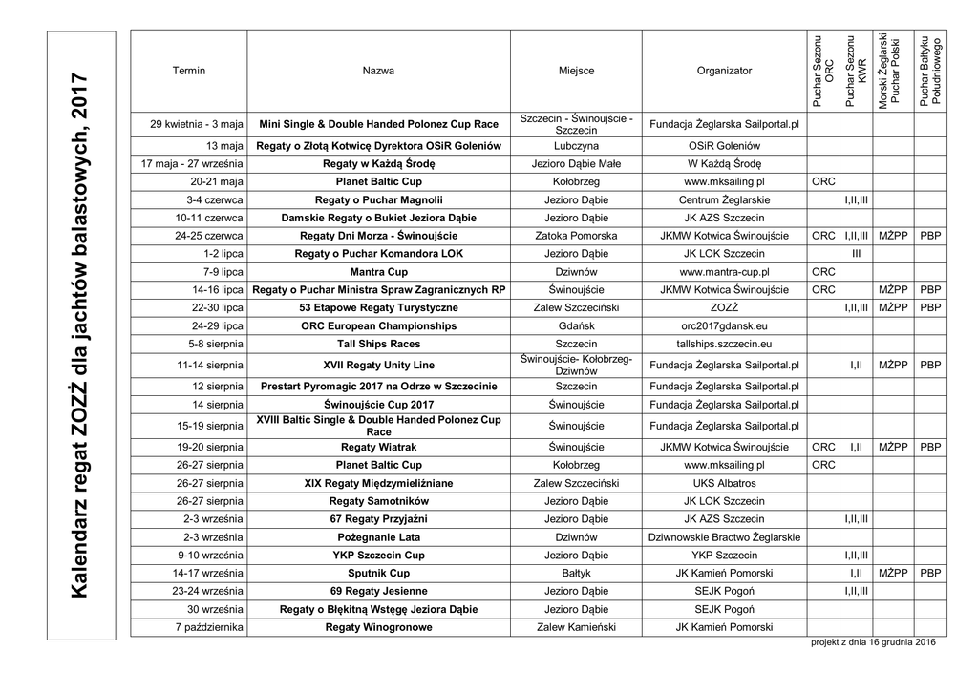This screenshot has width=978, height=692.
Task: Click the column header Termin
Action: [x=188, y=71]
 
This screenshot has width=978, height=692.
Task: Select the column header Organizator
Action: [x=724, y=71]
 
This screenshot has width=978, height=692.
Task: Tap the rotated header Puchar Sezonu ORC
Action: [x=823, y=72]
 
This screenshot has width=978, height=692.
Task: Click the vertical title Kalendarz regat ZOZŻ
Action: [x=81, y=335]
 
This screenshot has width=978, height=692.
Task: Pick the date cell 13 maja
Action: [x=224, y=146]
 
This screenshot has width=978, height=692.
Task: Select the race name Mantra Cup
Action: [x=378, y=272]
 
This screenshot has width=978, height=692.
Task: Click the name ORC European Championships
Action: [x=378, y=325]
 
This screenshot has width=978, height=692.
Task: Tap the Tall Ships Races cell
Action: [x=378, y=344]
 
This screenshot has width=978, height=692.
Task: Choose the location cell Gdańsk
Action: [x=576, y=325]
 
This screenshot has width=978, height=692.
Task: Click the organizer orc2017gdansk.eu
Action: [x=724, y=325]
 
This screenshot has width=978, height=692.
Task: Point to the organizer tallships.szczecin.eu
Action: [x=724, y=344]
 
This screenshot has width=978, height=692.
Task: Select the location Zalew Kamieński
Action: [x=576, y=627]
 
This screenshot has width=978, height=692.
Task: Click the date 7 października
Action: [x=209, y=627]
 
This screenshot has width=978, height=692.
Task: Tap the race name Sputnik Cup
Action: [x=378, y=573]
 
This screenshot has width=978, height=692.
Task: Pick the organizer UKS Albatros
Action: [x=724, y=483]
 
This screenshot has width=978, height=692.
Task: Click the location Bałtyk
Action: [x=576, y=573]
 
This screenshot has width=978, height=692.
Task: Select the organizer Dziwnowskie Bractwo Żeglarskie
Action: [x=724, y=537]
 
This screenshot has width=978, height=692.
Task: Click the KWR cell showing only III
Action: [x=856, y=254]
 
